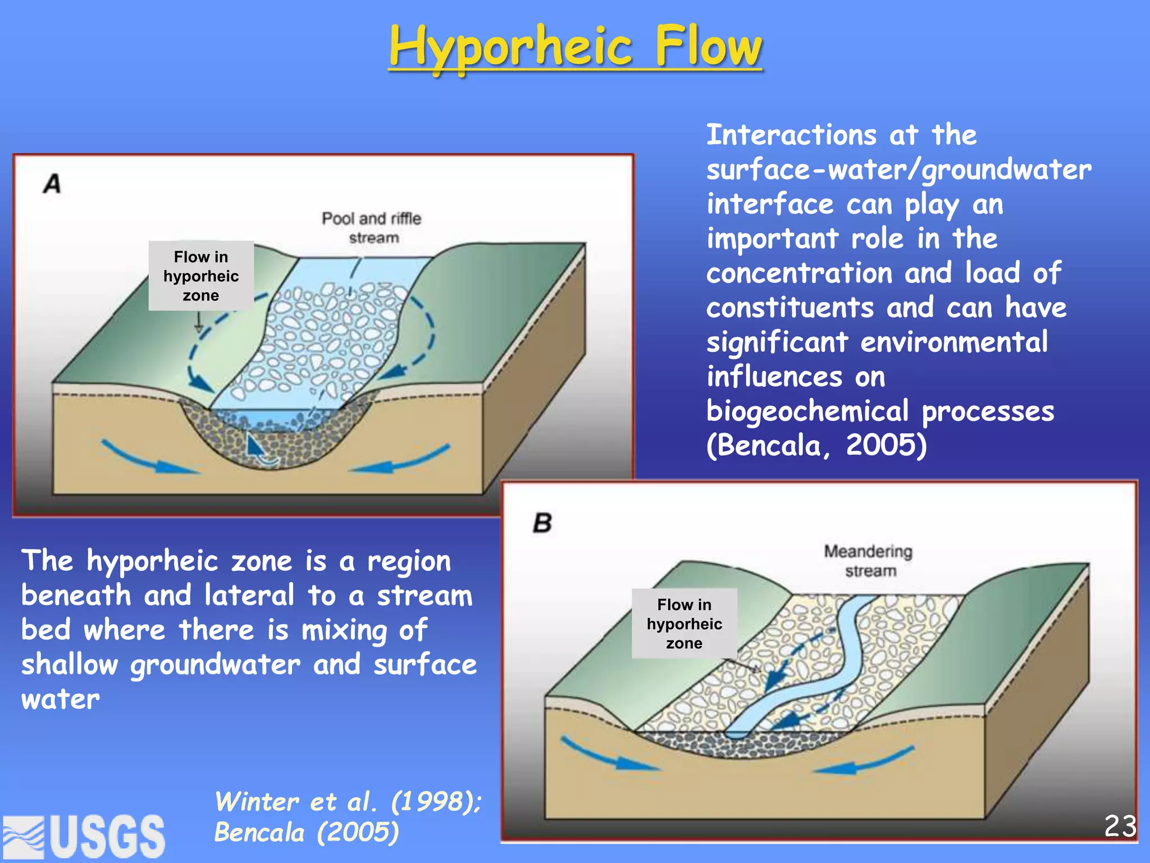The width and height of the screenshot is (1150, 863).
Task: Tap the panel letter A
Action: click(x=52, y=184)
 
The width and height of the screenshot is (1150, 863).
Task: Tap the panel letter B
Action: click(x=542, y=523)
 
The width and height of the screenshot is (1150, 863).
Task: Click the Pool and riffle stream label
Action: click(x=372, y=228)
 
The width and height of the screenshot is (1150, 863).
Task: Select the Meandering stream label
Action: click(x=869, y=561)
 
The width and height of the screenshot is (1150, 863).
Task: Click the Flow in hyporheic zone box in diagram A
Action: click(x=201, y=276)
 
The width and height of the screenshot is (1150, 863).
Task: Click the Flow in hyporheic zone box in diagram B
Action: click(x=684, y=624)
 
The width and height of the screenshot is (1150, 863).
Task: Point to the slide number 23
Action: click(x=1120, y=826)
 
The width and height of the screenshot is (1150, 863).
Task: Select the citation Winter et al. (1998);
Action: click(x=348, y=802)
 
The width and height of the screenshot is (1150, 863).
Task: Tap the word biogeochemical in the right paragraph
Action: click(x=807, y=411)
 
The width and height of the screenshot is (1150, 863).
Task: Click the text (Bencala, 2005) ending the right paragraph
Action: click(x=816, y=446)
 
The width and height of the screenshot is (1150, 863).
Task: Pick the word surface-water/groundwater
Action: click(x=899, y=170)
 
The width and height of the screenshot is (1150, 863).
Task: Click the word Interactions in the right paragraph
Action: click(x=791, y=135)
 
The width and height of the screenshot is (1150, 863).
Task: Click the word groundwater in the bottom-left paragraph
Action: click(x=216, y=665)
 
